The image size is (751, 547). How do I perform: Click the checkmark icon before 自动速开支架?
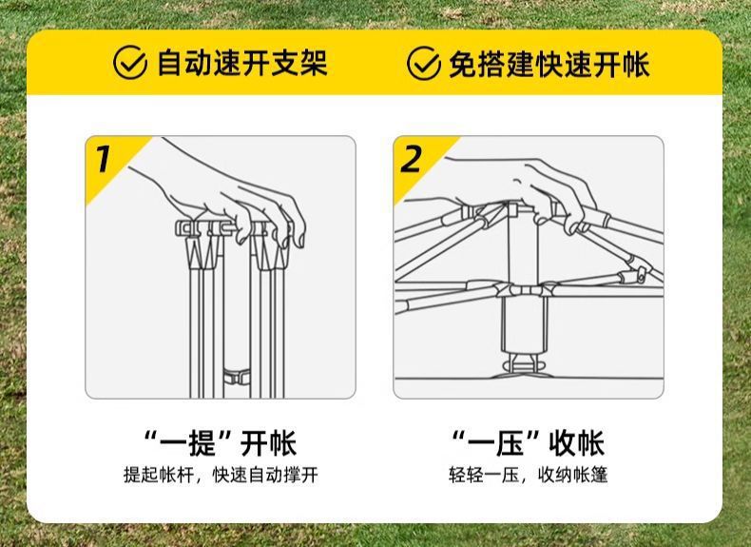[130, 64]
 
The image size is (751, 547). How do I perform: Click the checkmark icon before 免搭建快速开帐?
[424, 64]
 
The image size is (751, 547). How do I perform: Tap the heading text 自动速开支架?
[241, 64]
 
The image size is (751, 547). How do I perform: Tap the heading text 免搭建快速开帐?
[549, 64]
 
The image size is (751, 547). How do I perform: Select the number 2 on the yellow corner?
[411, 159]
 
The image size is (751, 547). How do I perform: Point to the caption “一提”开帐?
[221, 443]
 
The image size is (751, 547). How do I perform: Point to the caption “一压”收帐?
[528, 443]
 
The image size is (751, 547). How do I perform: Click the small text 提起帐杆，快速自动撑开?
[221, 476]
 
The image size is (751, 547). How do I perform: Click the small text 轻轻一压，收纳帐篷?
[528, 476]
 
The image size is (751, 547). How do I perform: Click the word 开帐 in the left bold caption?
[269, 443]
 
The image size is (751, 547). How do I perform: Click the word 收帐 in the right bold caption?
[576, 443]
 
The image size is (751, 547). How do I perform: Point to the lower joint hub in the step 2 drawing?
[522, 289]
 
